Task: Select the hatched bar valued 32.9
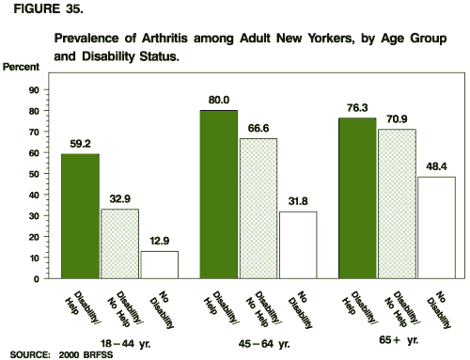[x=119, y=243]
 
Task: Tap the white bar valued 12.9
[x=161, y=265]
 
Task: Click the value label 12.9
[x=160, y=242]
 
